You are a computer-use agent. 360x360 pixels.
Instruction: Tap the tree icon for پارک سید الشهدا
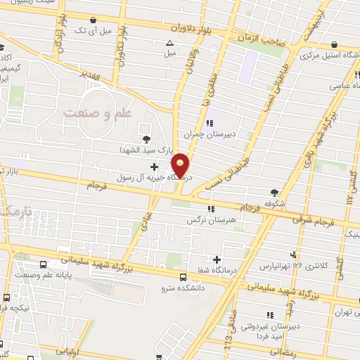coord(146,139)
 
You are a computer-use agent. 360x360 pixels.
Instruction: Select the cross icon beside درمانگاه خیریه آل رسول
coord(154,167)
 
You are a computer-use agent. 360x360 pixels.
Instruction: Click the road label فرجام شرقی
coord(310,219)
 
